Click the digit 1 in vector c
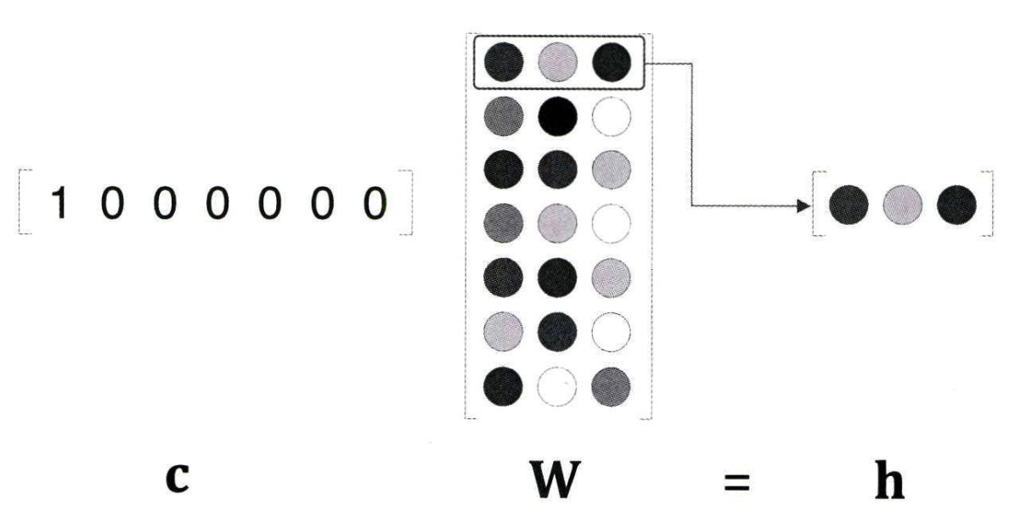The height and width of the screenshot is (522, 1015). [x=58, y=204]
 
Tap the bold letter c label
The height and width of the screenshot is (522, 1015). [x=176, y=479]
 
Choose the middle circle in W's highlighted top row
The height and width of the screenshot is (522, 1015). [x=558, y=62]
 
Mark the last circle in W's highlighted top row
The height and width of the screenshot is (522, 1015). [x=612, y=62]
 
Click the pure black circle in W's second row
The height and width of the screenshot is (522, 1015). [x=558, y=116]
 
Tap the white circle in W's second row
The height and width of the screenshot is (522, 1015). [x=612, y=116]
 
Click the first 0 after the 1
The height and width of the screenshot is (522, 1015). [x=110, y=204]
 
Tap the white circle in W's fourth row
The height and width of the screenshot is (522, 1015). [x=612, y=224]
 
